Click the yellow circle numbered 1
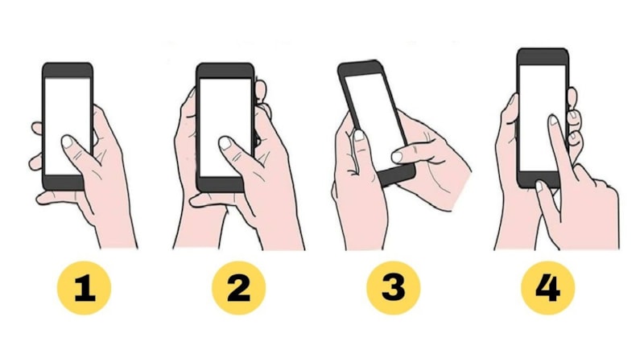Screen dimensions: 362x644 (x=85, y=287)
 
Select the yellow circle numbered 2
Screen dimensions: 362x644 (x=238, y=287)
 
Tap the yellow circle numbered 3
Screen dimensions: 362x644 (x=392, y=287)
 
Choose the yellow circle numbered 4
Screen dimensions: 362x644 (x=547, y=287)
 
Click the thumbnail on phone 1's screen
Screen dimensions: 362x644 (x=68, y=143)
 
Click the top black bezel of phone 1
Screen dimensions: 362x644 (x=68, y=70)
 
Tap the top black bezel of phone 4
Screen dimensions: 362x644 (x=543, y=57)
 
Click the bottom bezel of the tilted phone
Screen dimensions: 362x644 (x=402, y=174)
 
